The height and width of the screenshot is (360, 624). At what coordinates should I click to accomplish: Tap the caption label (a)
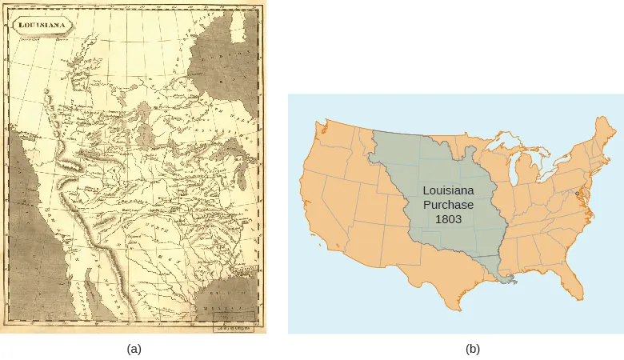[134, 349]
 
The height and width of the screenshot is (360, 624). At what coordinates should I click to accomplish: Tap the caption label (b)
[474, 349]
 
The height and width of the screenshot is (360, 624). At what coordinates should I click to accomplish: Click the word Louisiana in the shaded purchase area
[448, 192]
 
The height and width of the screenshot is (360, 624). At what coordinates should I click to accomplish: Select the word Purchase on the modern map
[448, 206]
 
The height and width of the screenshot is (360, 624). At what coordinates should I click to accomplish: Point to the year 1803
[448, 219]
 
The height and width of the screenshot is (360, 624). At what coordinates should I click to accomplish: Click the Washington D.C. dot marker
[578, 194]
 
